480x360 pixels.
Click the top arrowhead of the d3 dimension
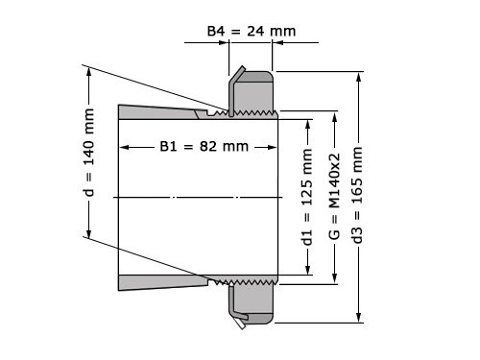359,76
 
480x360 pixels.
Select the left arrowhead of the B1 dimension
123,147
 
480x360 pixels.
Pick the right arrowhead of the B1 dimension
273,147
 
